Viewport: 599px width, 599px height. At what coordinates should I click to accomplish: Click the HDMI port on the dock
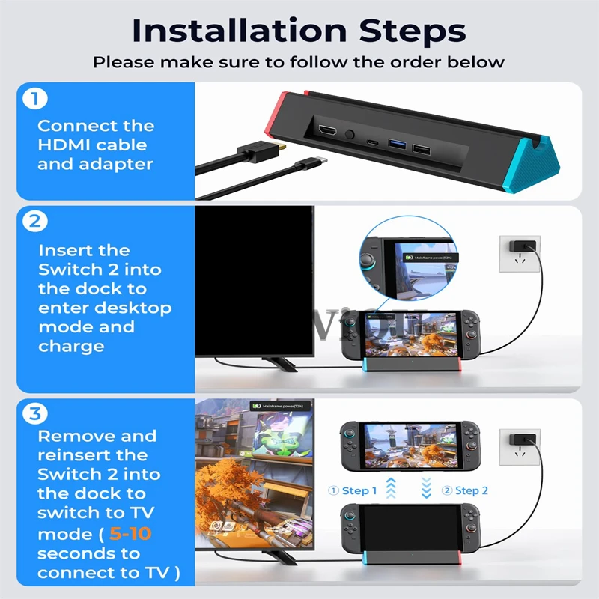(327, 132)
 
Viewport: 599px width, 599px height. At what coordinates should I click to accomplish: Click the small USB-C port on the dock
(372, 141)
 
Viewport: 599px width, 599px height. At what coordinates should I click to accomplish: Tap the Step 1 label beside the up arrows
(353, 490)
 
